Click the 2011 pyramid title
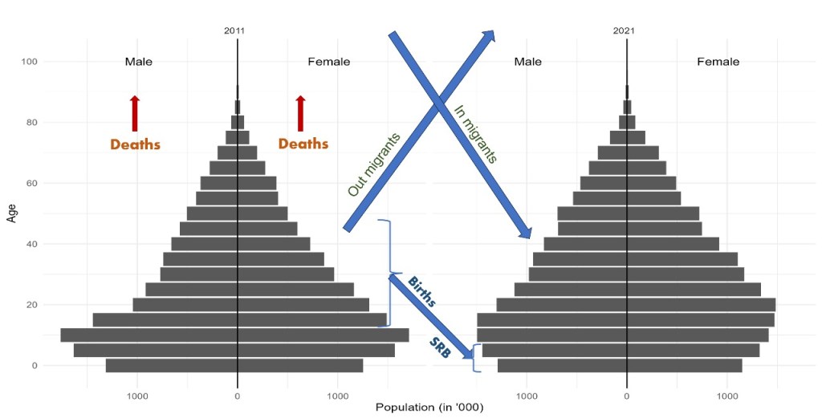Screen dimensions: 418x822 [234, 30]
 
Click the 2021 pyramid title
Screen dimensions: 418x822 [624, 30]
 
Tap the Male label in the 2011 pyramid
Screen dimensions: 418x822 [138, 62]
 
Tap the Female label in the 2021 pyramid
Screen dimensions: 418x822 [718, 62]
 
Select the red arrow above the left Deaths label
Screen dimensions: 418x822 [135, 113]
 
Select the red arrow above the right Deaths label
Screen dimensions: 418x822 [300, 113]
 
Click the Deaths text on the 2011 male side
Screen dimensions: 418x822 [135, 145]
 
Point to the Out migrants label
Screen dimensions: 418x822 [373, 164]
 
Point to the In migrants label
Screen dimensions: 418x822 [475, 134]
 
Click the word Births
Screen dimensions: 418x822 [421, 293]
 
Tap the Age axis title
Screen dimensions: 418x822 [11, 213]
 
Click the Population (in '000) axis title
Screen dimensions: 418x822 [429, 407]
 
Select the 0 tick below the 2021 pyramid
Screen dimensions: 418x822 [627, 395]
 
